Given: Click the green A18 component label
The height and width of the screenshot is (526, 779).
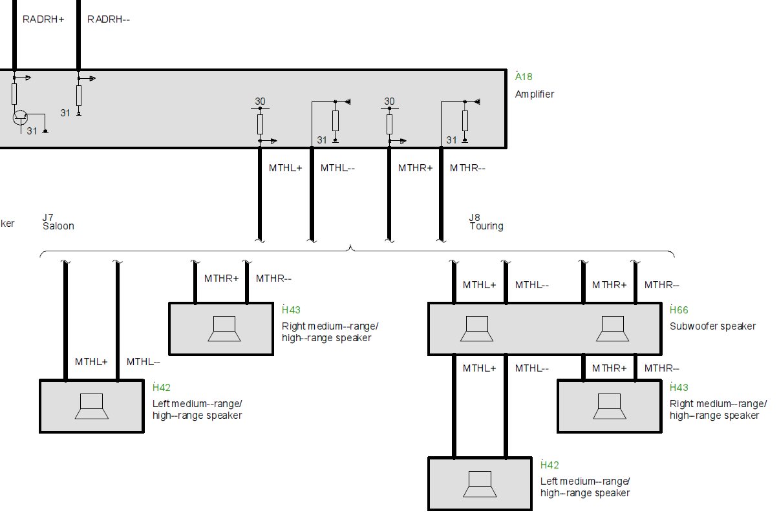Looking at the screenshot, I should tap(524, 77).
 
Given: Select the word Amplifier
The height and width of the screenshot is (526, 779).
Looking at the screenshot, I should tap(535, 94).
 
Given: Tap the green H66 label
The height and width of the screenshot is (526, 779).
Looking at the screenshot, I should tap(679, 310).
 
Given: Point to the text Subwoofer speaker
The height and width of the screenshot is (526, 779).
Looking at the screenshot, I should tap(712, 326).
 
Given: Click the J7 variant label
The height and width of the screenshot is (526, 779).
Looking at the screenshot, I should tap(48, 217).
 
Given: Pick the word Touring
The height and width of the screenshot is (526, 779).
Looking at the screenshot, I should tap(486, 226).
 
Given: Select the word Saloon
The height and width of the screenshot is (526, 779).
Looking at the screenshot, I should tap(58, 226).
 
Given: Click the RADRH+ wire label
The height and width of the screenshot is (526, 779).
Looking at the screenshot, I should tap(43, 19).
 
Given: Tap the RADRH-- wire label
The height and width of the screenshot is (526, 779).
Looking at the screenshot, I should tap(109, 19).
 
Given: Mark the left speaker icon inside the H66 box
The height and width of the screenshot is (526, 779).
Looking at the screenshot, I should tap(477, 328).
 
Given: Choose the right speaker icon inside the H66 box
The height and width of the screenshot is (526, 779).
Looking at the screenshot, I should tap(612, 328).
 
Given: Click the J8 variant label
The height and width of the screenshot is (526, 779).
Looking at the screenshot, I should tap(475, 218).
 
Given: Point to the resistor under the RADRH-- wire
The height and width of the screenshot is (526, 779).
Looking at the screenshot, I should tap(79, 96).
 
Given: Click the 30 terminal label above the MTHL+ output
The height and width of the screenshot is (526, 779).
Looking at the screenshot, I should tap(260, 101).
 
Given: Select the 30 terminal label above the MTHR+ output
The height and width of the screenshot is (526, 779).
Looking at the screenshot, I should tap(389, 101).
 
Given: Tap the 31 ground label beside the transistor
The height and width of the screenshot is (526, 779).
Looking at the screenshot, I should tap(32, 131).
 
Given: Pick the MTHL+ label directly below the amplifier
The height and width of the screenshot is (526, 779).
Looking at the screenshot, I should tap(286, 168).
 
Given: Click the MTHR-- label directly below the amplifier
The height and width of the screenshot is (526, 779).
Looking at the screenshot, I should tap(467, 168).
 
